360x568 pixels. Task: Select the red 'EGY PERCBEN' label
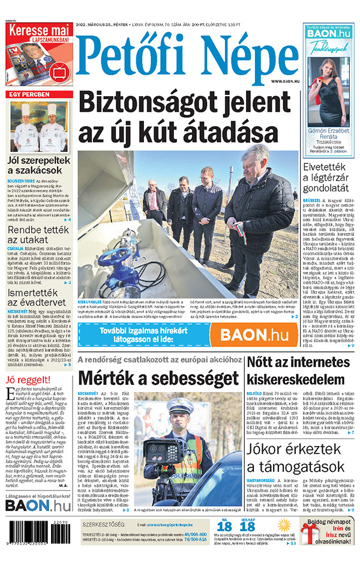(28, 95)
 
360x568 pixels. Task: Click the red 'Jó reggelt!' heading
(23, 379)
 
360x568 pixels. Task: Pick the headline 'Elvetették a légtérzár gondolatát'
(329, 177)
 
